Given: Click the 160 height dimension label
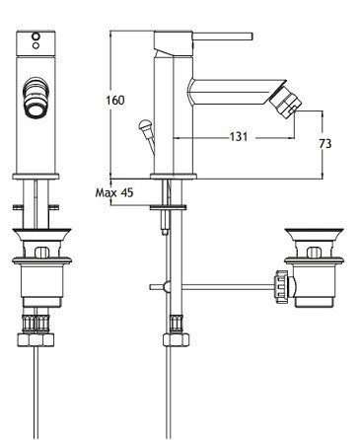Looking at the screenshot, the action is pyautogui.click(x=115, y=100).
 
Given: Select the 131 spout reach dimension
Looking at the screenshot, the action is pyautogui.click(x=239, y=136).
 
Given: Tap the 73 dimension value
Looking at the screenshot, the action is pyautogui.click(x=325, y=144).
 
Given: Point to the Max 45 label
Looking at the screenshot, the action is pyautogui.click(x=114, y=192).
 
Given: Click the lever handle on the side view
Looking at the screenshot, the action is pyautogui.click(x=223, y=37).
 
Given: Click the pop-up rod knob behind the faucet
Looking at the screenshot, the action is pyautogui.click(x=145, y=125).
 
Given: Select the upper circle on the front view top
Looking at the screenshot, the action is pyautogui.click(x=36, y=37).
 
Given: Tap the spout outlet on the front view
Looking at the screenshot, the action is pyautogui.click(x=36, y=98).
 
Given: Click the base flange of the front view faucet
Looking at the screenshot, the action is pyautogui.click(x=36, y=177).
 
